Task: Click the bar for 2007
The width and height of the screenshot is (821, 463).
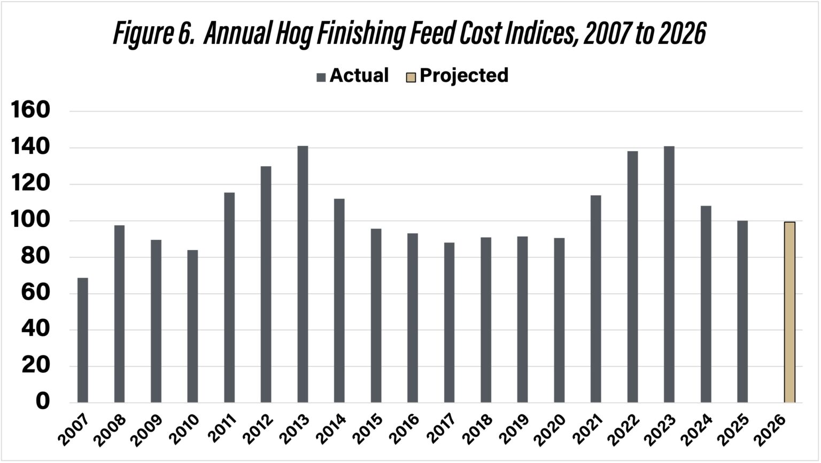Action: coord(82,340)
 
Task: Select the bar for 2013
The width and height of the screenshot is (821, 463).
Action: coord(303,274)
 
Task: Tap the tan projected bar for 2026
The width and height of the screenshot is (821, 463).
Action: coord(789,312)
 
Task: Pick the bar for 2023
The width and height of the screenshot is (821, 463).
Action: coord(669,274)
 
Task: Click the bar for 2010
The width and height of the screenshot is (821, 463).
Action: coord(192,326)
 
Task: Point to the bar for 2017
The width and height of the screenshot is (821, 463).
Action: coord(449,323)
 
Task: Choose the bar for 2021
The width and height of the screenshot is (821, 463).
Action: coord(595,299)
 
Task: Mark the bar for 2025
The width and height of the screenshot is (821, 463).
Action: coord(742,311)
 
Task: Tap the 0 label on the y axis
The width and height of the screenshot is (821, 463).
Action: coord(42,402)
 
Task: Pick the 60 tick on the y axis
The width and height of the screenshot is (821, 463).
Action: coord(36,293)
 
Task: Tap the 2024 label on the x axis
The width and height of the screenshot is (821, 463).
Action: coord(699,430)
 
